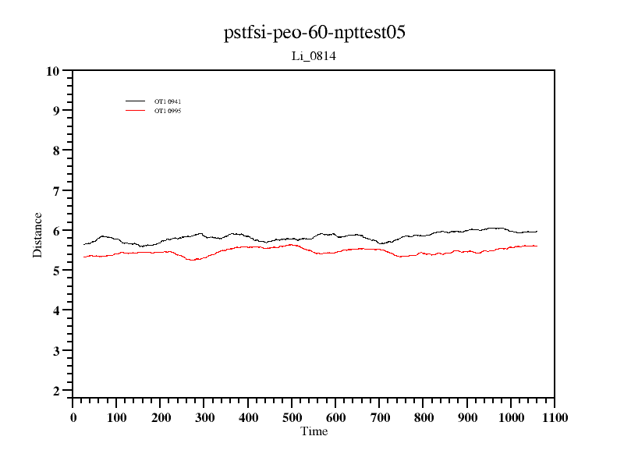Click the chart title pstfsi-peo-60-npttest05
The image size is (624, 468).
314,34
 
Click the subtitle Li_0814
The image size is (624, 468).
314,56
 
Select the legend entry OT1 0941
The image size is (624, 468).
168,101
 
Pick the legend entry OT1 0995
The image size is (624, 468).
168,111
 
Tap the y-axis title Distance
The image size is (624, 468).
37,234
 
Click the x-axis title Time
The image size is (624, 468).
314,431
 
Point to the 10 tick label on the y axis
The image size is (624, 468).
53,71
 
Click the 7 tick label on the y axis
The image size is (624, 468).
56,191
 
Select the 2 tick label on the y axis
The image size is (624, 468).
56,391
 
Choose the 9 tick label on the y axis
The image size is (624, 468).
56,111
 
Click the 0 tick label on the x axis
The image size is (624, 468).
73,418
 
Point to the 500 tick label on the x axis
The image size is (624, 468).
292,418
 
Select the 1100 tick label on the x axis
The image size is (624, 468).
555,418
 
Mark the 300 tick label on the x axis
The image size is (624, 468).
204,418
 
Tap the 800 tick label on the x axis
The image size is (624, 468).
424,418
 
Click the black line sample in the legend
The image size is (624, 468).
136,101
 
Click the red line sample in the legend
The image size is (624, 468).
136,111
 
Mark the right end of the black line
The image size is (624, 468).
537,231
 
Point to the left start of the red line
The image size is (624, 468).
83,257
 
